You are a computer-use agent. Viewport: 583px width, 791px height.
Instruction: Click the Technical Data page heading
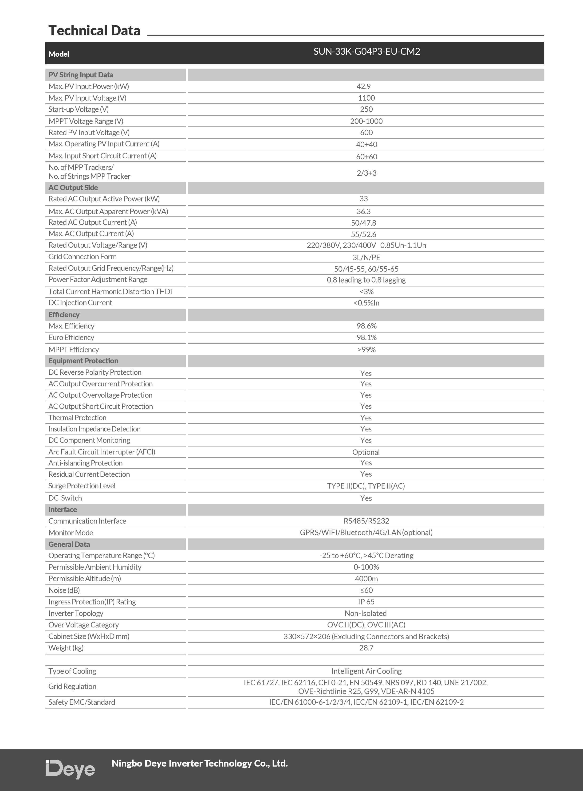pos(94,31)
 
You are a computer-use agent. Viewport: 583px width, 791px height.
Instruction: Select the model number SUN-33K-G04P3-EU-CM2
pos(366,51)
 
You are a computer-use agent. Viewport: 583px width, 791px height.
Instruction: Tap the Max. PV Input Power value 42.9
pos(363,86)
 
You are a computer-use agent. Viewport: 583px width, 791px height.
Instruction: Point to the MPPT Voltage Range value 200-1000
pos(366,121)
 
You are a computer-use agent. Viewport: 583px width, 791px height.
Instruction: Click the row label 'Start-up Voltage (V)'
pos(78,109)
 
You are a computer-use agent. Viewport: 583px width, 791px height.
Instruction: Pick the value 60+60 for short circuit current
pos(366,156)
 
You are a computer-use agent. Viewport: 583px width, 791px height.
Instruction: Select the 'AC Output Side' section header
pos(73,188)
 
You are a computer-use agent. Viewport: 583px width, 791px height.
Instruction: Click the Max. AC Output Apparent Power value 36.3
pos(363,211)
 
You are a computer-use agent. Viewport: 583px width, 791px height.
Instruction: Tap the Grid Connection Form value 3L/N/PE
pos(366,257)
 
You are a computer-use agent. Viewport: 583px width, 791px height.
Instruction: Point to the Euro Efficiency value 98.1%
pos(366,338)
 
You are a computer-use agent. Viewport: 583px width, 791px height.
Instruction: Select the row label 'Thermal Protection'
pos(77,418)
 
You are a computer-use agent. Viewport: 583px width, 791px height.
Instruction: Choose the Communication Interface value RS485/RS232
pos(366,521)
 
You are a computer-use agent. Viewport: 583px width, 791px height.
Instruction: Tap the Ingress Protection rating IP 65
pos(366,602)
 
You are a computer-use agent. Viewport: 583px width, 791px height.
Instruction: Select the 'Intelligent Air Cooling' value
pos(366,671)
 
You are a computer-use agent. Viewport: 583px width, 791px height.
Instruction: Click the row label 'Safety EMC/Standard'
pos(82,702)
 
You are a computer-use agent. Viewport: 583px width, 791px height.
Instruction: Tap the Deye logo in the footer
pos(70,769)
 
